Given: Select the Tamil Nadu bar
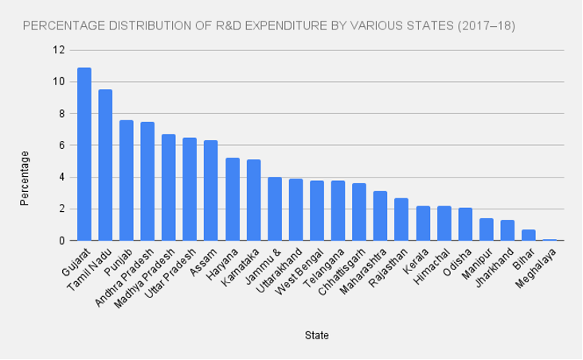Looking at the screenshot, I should pos(105,165).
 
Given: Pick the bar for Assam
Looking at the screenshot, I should pos(210,190).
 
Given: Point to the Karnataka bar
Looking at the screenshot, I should pos(253,200).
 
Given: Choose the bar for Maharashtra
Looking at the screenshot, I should pos(380,216).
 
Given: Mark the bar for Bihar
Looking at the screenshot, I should pos(528,235).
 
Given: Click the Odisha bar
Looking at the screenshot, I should pos(464,224).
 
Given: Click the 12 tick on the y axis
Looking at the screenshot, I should pos(59,50).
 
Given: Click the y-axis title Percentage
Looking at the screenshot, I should pos(25,178).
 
